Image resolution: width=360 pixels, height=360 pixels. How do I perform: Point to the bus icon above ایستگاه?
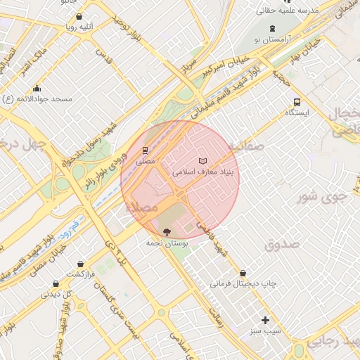297,101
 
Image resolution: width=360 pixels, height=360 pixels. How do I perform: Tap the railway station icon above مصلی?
145,150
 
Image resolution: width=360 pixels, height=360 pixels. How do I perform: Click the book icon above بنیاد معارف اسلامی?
203,160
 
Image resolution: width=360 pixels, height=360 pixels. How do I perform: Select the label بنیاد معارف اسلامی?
201,172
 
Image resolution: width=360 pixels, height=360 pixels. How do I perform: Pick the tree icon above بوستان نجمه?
166,231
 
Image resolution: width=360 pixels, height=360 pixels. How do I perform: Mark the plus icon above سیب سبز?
265,320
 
